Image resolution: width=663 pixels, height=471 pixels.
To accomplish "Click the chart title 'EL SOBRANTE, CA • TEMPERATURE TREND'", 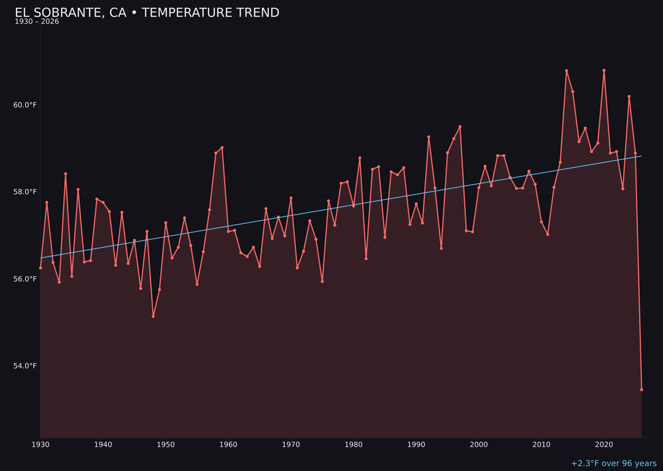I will [147, 13].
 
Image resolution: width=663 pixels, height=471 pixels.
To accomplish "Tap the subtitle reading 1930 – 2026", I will [37, 22].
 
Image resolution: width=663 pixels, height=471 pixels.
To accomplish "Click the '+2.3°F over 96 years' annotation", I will [613, 464].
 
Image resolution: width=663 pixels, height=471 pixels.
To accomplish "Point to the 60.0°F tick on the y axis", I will [25, 105].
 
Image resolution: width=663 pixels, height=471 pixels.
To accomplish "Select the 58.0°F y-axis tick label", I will [25, 192].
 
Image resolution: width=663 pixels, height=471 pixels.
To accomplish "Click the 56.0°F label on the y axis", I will [25, 279].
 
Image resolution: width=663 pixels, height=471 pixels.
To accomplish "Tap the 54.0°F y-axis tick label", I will [25, 366].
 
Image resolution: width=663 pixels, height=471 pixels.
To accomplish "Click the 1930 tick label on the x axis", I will [41, 445].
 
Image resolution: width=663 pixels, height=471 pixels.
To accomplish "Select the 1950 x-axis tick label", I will [166, 445].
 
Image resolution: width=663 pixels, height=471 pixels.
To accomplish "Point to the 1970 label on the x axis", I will [291, 445].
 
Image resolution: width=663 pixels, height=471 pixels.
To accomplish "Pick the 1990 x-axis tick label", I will [416, 445].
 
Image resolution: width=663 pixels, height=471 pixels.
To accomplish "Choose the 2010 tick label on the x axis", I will [541, 445].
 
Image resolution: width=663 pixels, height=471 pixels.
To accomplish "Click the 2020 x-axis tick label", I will [604, 445].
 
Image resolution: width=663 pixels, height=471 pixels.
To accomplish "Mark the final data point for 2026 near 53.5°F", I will [642, 389].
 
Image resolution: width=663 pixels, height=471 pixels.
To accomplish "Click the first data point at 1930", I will [41, 268].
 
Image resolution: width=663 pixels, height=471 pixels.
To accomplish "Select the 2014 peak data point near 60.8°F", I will [567, 71].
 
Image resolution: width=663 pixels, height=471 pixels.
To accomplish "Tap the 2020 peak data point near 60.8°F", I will [604, 70].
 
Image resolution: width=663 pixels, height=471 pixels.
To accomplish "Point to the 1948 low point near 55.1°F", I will [153, 316].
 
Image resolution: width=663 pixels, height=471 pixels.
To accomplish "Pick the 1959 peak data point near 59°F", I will [222, 147].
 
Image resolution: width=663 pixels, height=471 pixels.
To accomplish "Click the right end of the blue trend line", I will [641, 156].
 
